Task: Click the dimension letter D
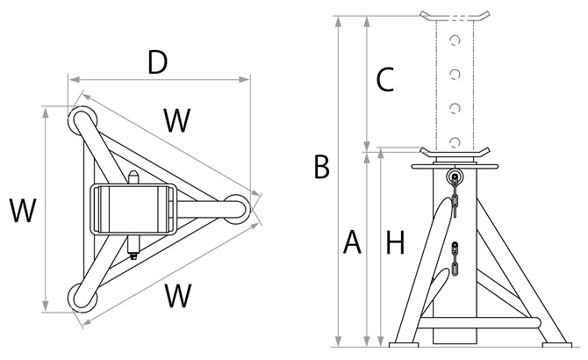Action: click(x=158, y=62)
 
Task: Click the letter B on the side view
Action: click(x=321, y=166)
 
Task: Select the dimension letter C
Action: click(x=384, y=80)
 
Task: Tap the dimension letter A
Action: click(x=352, y=241)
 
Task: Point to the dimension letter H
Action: click(x=396, y=241)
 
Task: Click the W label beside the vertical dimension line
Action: click(x=23, y=212)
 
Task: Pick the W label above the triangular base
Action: click(x=177, y=121)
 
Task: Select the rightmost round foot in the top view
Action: click(x=234, y=207)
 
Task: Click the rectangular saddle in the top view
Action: click(x=133, y=209)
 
